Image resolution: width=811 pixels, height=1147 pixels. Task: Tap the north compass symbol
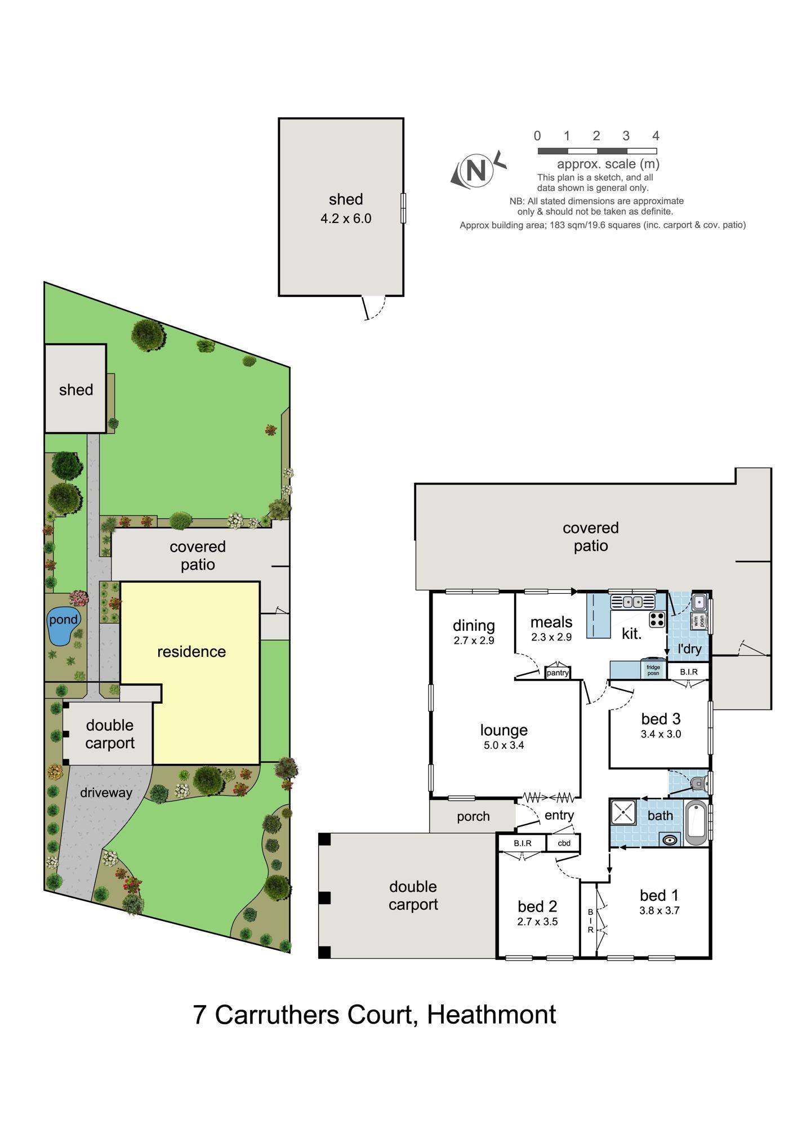tap(476, 170)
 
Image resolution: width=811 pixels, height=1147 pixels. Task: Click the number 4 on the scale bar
tap(656, 136)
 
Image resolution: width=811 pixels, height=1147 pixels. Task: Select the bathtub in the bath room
tap(697, 824)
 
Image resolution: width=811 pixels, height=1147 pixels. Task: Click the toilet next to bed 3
tap(698, 782)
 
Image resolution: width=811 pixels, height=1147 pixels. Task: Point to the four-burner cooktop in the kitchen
tap(657, 619)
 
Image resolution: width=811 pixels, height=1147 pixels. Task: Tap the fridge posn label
tap(653, 670)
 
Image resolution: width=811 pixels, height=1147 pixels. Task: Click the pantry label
tap(558, 673)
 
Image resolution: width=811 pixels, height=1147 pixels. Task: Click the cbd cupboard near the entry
tap(564, 843)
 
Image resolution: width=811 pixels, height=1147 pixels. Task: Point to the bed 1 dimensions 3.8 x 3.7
tap(660, 910)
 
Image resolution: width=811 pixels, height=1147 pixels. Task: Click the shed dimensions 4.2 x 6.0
tap(346, 219)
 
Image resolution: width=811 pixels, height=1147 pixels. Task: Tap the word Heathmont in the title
tap(491, 1015)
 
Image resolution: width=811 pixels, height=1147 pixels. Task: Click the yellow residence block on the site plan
tap(191, 670)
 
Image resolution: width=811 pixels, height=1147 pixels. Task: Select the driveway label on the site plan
tap(106, 793)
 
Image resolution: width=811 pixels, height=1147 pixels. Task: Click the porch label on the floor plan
tap(473, 816)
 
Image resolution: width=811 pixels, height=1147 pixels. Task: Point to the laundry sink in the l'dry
tap(700, 602)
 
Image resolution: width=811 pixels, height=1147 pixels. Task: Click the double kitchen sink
tap(632, 602)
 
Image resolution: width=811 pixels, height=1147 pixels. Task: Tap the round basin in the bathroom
tap(670, 840)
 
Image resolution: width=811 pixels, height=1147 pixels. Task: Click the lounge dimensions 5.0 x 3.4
tap(503, 745)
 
